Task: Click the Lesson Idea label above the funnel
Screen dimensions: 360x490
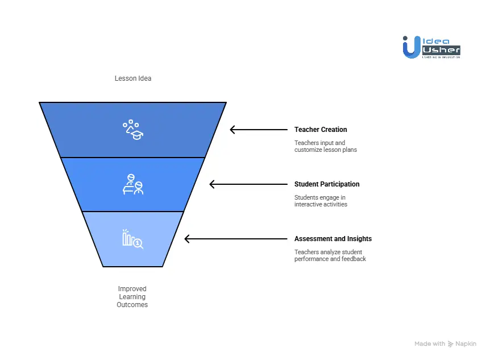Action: tap(133, 78)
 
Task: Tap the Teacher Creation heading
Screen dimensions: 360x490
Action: tap(321, 130)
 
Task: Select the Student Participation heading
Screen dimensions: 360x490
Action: tap(327, 184)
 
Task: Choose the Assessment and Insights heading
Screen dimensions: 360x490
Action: tap(333, 239)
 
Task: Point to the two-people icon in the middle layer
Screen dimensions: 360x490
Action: tap(133, 185)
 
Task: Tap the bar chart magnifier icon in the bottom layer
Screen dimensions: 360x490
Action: tap(132, 239)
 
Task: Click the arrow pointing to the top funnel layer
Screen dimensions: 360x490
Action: tap(259, 130)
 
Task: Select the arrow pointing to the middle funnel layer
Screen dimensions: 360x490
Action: tap(248, 184)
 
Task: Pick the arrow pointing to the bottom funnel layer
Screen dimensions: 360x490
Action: tap(236, 239)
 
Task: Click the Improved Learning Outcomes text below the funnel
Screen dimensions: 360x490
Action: tap(132, 297)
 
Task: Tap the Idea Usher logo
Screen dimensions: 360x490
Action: tap(431, 47)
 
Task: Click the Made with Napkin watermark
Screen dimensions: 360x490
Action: tap(446, 344)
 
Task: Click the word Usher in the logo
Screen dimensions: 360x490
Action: tap(441, 51)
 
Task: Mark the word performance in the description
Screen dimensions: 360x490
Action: tap(310, 259)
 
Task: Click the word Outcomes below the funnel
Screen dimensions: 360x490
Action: tap(132, 305)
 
